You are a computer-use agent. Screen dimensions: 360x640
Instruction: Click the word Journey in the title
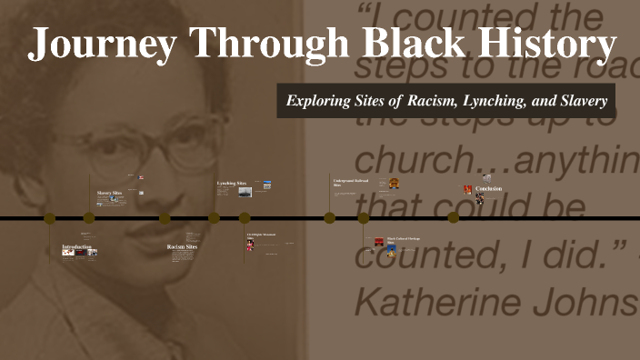pos(99,45)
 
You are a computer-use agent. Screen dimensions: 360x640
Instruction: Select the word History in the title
pos(535,45)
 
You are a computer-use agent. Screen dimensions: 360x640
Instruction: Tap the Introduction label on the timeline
pos(76,247)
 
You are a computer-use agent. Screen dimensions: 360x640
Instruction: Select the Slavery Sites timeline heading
pos(109,194)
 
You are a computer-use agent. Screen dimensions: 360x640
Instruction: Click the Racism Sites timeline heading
pos(182,246)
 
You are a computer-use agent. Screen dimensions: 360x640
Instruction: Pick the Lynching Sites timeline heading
pos(231,184)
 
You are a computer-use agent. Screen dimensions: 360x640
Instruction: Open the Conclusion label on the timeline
pos(488,189)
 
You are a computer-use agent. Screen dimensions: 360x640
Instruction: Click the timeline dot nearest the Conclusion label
pos(453,217)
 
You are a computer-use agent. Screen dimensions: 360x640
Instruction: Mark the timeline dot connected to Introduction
pos(49,218)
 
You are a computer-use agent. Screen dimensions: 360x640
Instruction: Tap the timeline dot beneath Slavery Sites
pos(89,218)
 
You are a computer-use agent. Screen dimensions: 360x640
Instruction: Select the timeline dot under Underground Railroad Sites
pos(330,218)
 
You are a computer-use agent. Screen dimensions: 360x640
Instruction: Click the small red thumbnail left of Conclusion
pos(468,189)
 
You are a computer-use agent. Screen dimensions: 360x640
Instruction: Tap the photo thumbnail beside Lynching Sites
pos(245,192)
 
